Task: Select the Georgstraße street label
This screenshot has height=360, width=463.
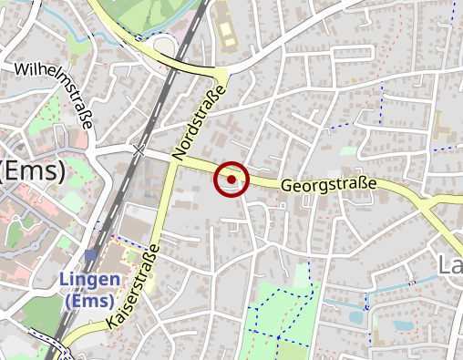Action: (x=328, y=186)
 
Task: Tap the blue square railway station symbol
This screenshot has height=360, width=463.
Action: (x=90, y=254)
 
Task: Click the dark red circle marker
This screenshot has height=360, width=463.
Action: (x=231, y=180)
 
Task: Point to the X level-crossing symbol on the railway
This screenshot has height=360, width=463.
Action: (x=139, y=149)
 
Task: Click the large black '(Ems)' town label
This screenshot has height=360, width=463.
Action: (x=32, y=171)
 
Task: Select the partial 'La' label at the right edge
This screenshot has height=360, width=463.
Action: (x=449, y=265)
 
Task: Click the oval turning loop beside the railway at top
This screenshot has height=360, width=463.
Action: (x=164, y=47)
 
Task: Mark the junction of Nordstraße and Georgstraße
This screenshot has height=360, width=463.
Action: (x=173, y=161)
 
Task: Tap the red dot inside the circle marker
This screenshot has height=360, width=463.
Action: (x=231, y=180)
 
